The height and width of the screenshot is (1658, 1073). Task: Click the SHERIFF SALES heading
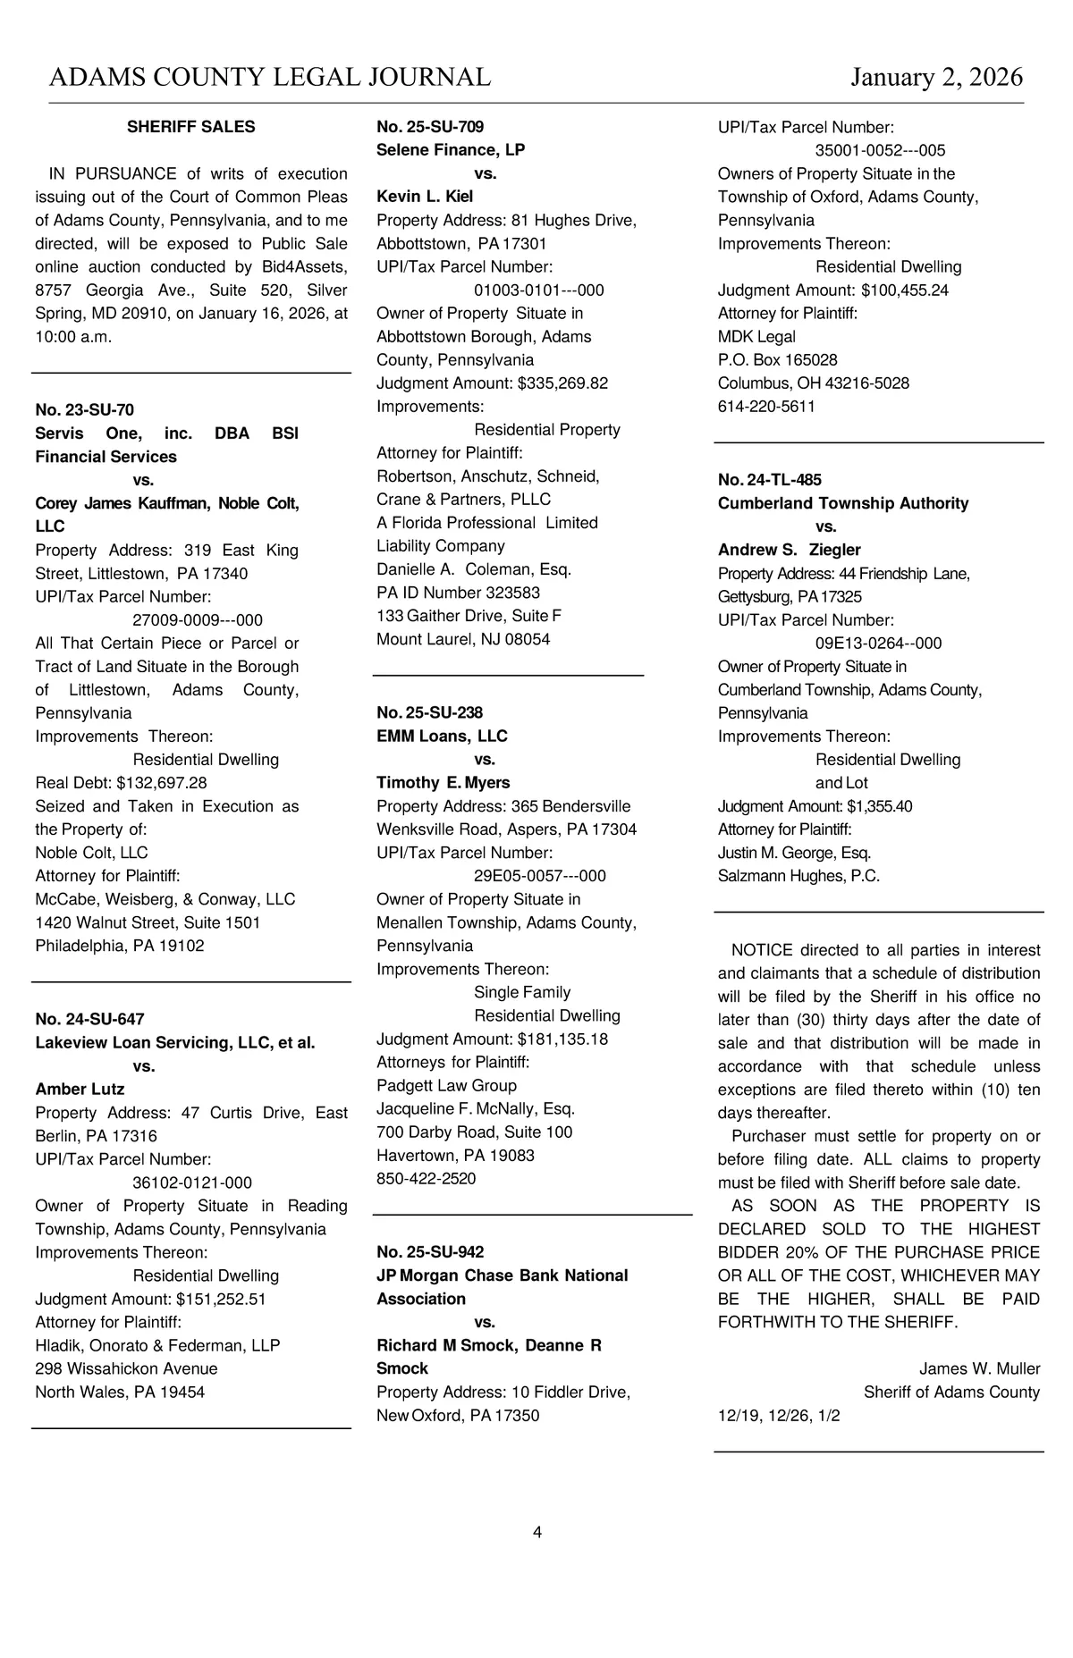[190, 127]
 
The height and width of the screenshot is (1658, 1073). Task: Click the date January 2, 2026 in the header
[936, 77]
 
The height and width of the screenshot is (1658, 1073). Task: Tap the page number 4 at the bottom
[537, 1532]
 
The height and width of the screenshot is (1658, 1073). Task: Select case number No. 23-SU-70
[84, 409]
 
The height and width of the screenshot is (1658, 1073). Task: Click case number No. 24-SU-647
[89, 1019]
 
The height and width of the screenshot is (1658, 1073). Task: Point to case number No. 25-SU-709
[430, 127]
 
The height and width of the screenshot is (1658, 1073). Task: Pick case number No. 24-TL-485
[769, 480]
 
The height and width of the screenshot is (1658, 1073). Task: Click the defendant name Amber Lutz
[80, 1089]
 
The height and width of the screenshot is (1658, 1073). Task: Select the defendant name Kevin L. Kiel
[425, 197]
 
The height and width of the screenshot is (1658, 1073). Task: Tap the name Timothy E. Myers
[443, 782]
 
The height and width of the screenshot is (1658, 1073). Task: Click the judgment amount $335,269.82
[562, 383]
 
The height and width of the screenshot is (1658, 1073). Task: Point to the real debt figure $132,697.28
[162, 782]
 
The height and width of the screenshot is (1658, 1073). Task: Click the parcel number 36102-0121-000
[192, 1182]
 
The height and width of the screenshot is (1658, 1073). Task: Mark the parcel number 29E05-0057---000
[539, 876]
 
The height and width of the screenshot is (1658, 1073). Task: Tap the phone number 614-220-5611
[766, 406]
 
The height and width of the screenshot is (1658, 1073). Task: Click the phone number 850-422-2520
[426, 1178]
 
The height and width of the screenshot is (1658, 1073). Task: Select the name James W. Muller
[979, 1368]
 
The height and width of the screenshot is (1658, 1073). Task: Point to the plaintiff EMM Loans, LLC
[442, 736]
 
